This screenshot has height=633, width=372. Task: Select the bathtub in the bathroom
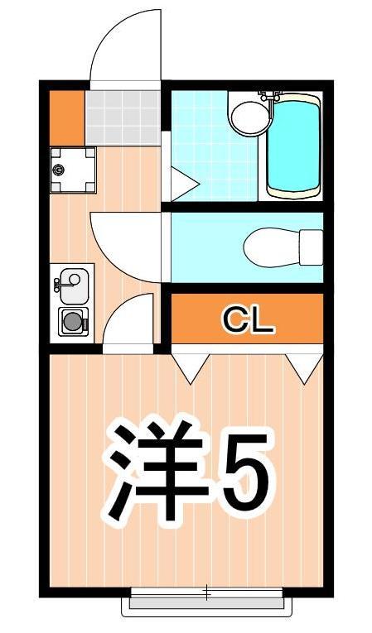click(x=292, y=146)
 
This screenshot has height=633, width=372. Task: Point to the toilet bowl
click(x=269, y=246)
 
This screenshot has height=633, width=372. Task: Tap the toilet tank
click(x=311, y=246)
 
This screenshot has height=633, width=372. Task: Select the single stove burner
click(x=72, y=320)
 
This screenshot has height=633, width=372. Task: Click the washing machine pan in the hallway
click(x=72, y=168)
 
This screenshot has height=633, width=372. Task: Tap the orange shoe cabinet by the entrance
click(x=66, y=115)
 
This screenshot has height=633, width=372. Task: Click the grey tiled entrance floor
click(x=122, y=115)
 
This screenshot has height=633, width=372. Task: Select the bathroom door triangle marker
click(x=181, y=177)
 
